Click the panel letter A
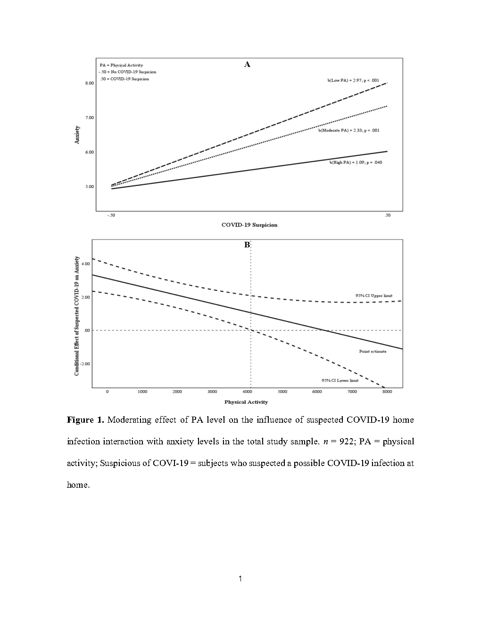(247, 65)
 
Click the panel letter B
(247, 245)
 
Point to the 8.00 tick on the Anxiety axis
(89, 83)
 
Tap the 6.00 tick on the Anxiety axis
(89, 152)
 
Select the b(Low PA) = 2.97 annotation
(353, 81)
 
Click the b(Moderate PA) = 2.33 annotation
(348, 131)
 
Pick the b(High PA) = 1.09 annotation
(352, 162)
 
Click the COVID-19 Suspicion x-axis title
(249, 225)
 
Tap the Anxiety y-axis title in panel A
(77, 134)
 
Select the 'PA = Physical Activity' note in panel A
(121, 65)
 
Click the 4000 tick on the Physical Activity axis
(248, 392)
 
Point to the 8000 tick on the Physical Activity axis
(387, 392)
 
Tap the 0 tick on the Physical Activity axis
(107, 392)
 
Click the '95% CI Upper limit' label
(373, 295)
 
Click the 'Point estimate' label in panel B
(373, 352)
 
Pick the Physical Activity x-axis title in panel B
(246, 402)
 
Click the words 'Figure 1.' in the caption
(85, 419)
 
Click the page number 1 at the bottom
(240, 579)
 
